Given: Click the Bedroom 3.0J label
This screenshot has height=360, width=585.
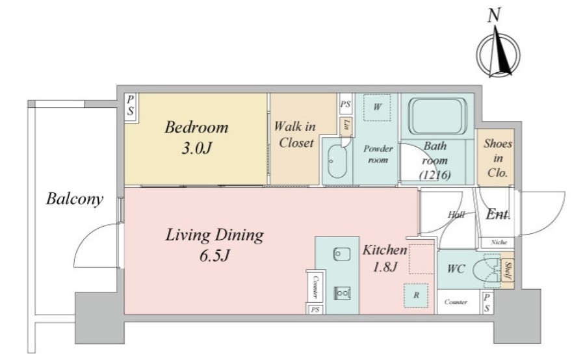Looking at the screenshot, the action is [196, 138].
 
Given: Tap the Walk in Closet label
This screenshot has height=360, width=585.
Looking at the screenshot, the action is [295, 135].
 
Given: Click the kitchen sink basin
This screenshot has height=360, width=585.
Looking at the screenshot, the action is [342, 254].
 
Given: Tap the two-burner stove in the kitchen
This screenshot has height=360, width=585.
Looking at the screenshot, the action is [342, 293].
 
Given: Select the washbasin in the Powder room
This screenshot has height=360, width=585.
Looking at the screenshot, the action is [337, 162].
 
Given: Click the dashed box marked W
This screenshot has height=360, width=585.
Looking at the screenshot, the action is [377, 107].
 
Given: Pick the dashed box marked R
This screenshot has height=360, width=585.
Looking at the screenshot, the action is [416, 295].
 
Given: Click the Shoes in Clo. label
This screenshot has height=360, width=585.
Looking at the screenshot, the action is [498, 158].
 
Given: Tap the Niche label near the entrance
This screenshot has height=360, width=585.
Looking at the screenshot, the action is [499, 242].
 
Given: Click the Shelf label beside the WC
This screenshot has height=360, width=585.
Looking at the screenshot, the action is [508, 271].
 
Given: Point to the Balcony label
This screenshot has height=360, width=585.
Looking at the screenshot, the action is [75, 199].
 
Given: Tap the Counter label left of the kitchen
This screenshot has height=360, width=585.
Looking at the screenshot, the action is [315, 287].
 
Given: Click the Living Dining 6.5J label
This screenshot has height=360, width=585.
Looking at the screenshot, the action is [214, 246].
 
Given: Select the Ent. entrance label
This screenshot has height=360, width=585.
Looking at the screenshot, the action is [498, 214].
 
